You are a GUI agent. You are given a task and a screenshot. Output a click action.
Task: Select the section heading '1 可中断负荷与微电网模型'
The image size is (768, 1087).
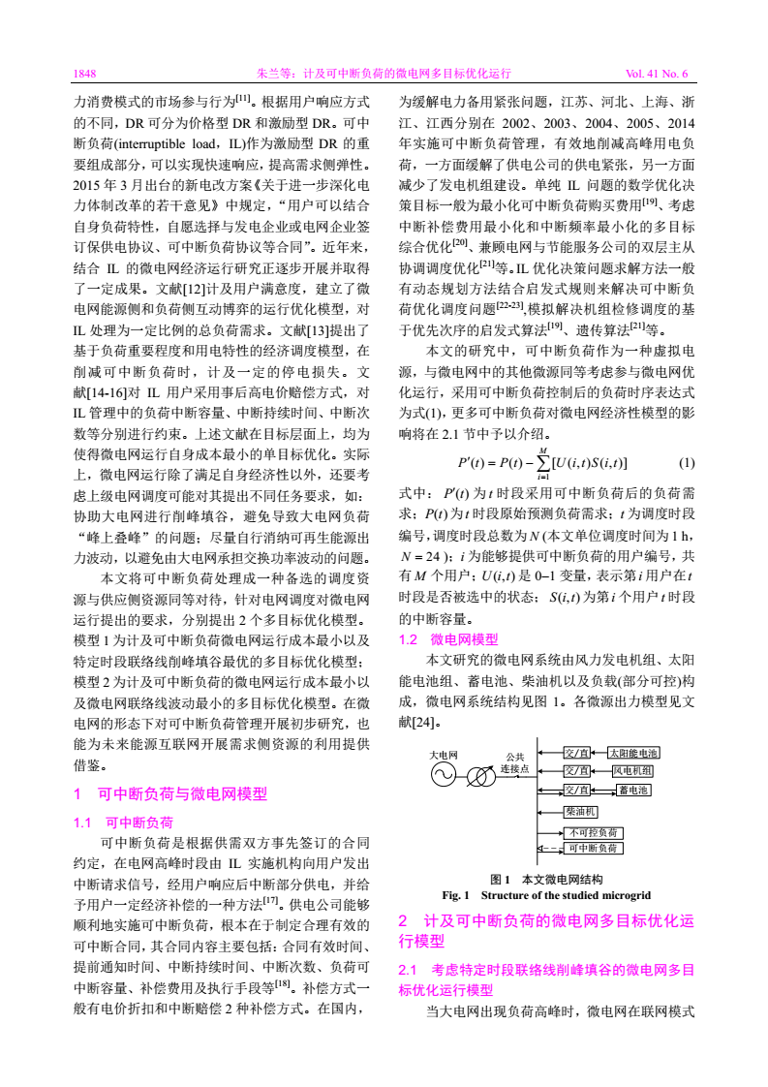[x=169, y=794]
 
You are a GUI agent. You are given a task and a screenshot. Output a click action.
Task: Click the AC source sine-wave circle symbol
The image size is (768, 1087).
[x=443, y=775]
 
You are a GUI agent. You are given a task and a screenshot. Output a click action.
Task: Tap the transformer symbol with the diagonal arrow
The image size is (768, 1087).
[x=481, y=776]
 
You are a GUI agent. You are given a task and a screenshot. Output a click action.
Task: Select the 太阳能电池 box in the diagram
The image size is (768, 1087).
[x=633, y=753]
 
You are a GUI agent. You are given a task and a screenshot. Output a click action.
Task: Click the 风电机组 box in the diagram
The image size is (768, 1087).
[x=631, y=771]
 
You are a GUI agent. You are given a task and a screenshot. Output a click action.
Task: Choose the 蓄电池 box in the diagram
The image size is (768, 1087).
[x=633, y=791]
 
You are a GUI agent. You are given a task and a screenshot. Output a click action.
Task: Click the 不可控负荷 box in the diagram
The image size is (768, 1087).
[x=594, y=832]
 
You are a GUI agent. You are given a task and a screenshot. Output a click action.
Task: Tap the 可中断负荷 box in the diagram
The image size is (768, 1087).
[x=594, y=849]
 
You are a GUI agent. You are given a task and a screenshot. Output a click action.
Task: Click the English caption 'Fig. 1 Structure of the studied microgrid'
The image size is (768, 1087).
[x=546, y=894]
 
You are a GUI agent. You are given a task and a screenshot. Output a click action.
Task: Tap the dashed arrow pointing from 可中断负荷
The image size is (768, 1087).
[x=550, y=849]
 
